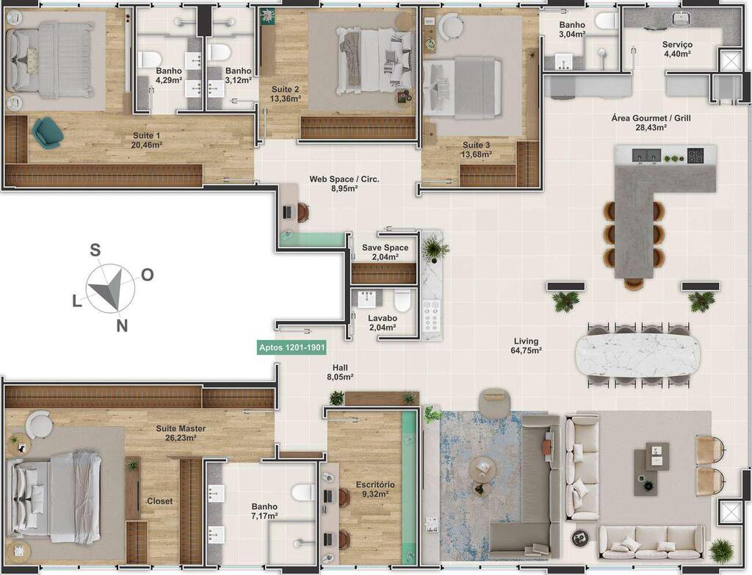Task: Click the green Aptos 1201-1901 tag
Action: click(x=292, y=347)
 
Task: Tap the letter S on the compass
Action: click(x=95, y=250)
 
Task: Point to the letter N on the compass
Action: click(x=123, y=326)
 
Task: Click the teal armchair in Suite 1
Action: click(x=46, y=132)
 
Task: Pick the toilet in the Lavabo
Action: click(x=402, y=300)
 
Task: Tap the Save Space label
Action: click(x=385, y=252)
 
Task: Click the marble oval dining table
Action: click(x=637, y=355)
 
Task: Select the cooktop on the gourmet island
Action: click(x=695, y=155)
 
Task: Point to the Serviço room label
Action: click(x=678, y=48)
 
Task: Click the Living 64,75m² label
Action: click(x=526, y=345)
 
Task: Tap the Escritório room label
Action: click(x=375, y=489)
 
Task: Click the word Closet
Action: click(x=159, y=501)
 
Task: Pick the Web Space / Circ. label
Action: click(x=344, y=183)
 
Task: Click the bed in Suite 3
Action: click(x=463, y=87)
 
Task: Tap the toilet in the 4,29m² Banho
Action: click(x=150, y=59)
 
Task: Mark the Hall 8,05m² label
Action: click(x=340, y=372)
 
